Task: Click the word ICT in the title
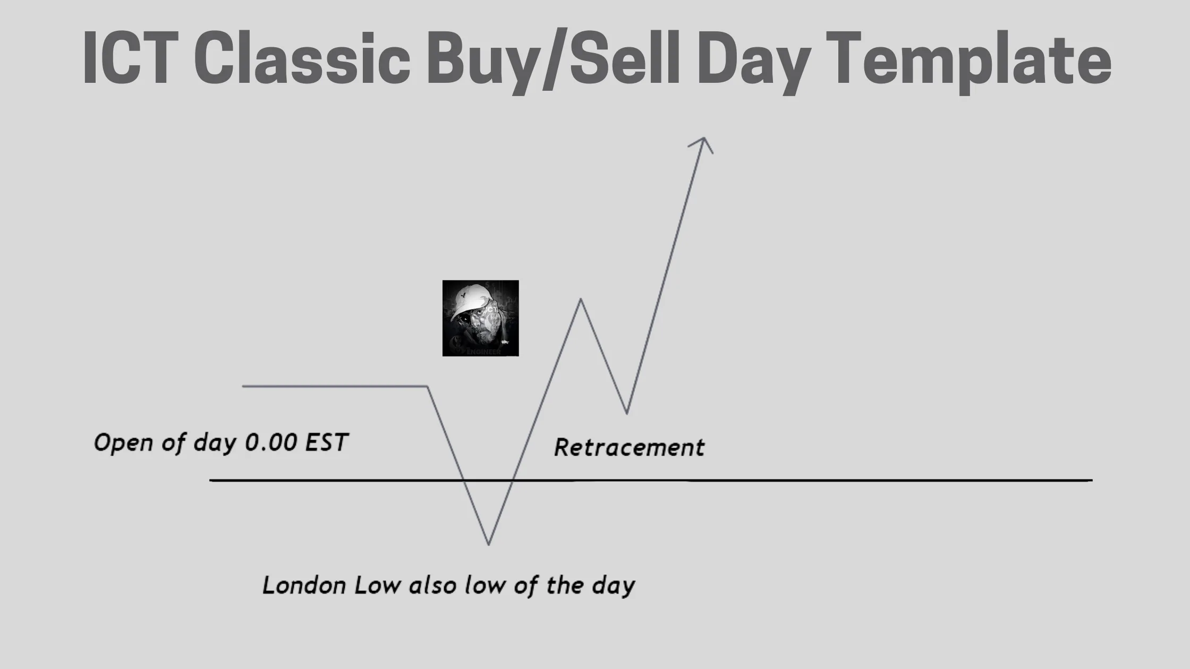pos(130,57)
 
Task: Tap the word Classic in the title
pos(301,57)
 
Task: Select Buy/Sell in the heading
pos(552,59)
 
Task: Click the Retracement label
pos(629,447)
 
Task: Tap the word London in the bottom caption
pos(304,585)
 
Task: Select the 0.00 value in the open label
pos(270,442)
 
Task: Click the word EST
pos(326,442)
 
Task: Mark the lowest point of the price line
pos(489,544)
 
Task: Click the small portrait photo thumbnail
pos(480,318)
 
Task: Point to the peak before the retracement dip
pos(581,299)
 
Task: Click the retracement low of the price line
pos(627,413)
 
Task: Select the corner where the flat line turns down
pos(427,387)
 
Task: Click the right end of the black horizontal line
pos(1092,480)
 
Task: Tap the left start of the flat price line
pos(243,386)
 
